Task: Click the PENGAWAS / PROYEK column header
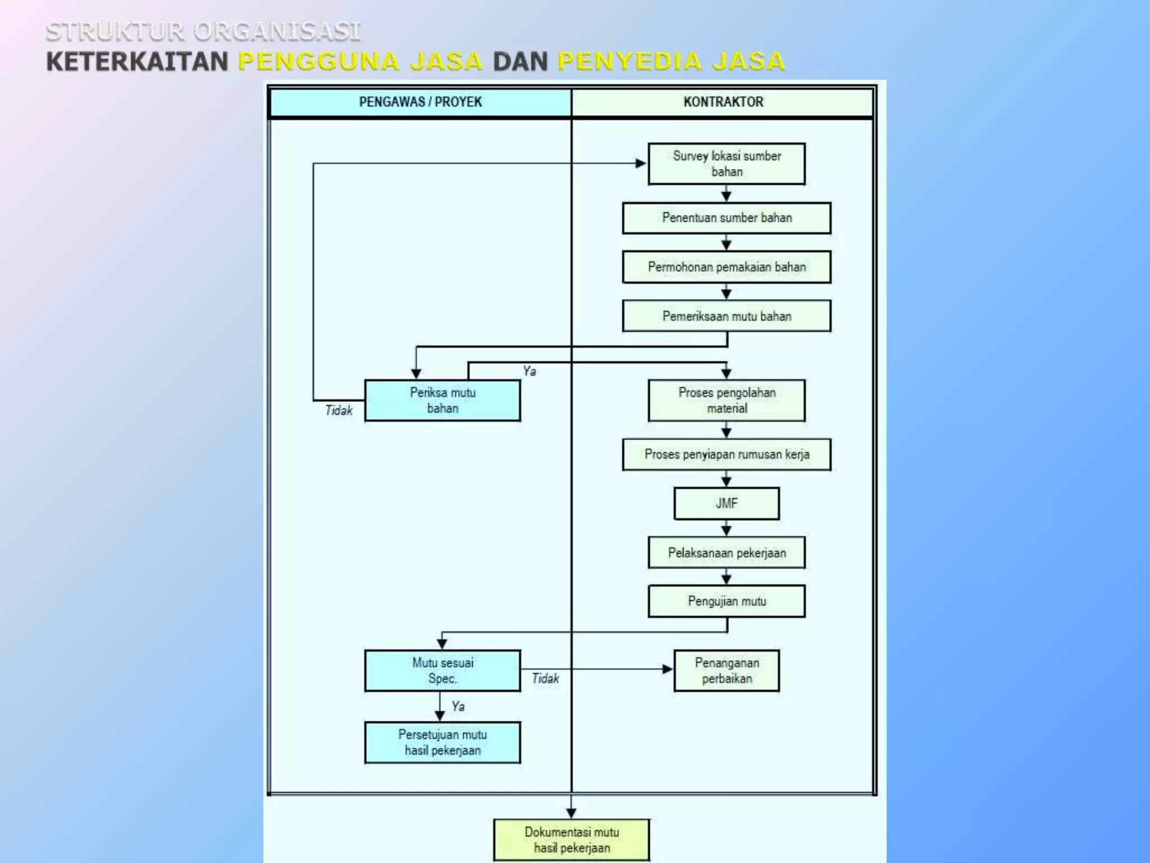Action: tap(420, 102)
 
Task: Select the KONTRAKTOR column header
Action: tap(723, 102)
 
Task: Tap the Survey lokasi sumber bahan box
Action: tap(727, 163)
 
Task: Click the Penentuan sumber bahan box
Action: tap(727, 218)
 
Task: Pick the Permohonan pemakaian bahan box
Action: tap(727, 267)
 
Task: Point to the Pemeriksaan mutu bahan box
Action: tap(727, 316)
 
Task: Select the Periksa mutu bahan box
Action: tap(442, 401)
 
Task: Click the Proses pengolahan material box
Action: tap(727, 401)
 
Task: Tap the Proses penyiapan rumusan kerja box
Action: tap(727, 454)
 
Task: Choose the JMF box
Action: tap(727, 503)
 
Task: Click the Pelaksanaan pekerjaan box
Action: tap(727, 553)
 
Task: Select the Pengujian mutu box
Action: tap(727, 601)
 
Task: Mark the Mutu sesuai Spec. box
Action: tap(442, 670)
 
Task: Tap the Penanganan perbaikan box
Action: tap(727, 670)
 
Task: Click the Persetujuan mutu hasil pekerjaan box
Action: tap(442, 742)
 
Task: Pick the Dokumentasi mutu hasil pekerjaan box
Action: tap(572, 839)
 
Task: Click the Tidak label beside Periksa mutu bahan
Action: tap(339, 411)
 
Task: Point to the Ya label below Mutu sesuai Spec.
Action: tap(458, 706)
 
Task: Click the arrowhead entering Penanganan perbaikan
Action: tap(667, 669)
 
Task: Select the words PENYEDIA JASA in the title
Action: tap(671, 61)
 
